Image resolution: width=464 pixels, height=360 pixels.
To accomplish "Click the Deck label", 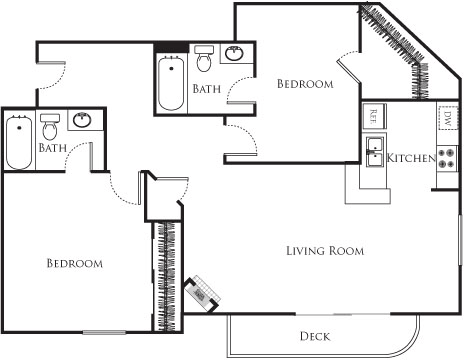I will pyautogui.click(x=314, y=336).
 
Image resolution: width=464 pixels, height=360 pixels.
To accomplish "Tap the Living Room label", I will pyautogui.click(x=324, y=250).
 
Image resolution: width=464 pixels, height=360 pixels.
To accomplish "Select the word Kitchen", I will pyautogui.click(x=411, y=159).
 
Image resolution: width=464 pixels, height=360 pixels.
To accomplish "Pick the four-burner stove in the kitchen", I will pyautogui.click(x=447, y=159).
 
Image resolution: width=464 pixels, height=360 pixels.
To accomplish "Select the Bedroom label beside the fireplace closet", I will pyautogui.click(x=75, y=264).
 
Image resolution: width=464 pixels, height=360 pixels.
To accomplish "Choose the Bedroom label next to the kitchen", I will pyautogui.click(x=305, y=84).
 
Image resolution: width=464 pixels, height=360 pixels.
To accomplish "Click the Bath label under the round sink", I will pyautogui.click(x=52, y=148).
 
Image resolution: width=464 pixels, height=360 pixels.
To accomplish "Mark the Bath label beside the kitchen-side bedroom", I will pyautogui.click(x=207, y=89).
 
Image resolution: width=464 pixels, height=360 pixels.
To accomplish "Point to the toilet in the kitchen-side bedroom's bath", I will pyautogui.click(x=205, y=61).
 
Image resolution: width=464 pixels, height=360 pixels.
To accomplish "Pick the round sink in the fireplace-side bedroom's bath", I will pyautogui.click(x=82, y=122).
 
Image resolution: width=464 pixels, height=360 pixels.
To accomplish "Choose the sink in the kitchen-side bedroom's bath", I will pyautogui.click(x=237, y=53).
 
